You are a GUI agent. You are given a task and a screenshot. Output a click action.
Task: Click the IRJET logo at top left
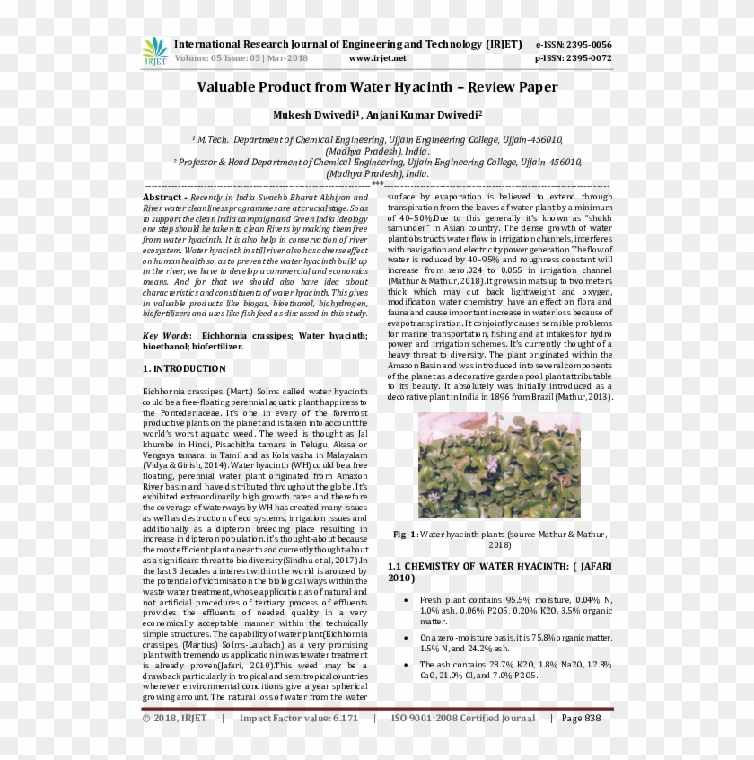[x=154, y=51]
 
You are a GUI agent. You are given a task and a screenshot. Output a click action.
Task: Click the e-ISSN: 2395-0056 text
[x=573, y=44]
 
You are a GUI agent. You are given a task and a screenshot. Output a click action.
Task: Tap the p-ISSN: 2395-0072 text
[x=573, y=58]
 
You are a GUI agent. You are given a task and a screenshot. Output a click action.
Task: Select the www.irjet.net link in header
[x=377, y=58]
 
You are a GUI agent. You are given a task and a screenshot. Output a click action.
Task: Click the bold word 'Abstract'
[x=162, y=197]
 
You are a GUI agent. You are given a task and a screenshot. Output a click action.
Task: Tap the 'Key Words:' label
[x=167, y=335]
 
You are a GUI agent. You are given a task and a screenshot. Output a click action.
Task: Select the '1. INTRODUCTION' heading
[x=184, y=369]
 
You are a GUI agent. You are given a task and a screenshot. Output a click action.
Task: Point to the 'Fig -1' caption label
[x=404, y=534]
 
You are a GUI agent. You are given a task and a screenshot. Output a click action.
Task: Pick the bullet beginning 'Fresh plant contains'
[x=515, y=610]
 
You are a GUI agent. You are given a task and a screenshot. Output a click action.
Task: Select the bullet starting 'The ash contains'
[x=515, y=669]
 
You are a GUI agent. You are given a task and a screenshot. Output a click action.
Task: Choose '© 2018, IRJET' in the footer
[x=175, y=718]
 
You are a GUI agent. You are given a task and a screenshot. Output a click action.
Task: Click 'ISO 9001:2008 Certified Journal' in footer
[x=462, y=718]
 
